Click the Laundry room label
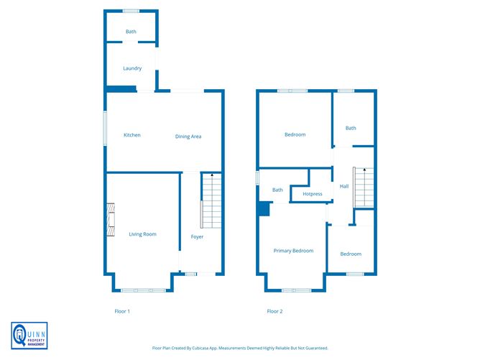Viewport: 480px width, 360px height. coord(132,68)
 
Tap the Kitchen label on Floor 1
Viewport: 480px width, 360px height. coord(131,135)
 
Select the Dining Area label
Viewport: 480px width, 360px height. coord(188,136)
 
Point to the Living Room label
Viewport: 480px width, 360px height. coord(142,234)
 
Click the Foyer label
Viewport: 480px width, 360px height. coord(197,236)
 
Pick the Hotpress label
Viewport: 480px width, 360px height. coord(313,194)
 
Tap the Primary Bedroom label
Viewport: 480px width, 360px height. coord(293,251)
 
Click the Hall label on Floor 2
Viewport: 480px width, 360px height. coord(344,186)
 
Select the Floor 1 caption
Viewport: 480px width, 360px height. coord(122,311)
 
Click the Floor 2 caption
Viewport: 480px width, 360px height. coord(274,311)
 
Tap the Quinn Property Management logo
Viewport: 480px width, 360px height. coord(29,336)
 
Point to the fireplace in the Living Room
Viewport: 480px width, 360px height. coord(111,220)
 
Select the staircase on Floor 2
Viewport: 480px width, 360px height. coord(363,186)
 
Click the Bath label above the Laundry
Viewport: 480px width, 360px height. coord(131,32)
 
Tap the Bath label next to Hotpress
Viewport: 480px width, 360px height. coord(277,190)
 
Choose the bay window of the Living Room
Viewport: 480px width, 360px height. coord(143,290)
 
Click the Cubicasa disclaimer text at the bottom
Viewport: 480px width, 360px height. coord(240,348)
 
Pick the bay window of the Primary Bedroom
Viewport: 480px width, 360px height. coord(296,290)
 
